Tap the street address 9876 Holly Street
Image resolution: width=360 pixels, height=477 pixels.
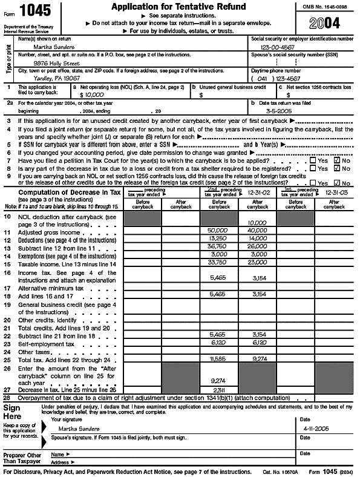click(57, 62)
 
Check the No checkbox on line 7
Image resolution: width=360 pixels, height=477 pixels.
click(338, 160)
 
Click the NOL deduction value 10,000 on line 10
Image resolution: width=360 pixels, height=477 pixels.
click(257, 223)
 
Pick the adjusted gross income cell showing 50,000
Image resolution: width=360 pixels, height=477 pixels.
click(218, 231)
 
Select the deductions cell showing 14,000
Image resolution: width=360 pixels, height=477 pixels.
click(257, 238)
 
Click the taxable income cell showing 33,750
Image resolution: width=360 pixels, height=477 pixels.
click(218, 263)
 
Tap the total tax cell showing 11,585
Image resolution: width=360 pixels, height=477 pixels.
click(218, 359)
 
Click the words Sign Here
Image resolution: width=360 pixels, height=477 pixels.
click(15, 413)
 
